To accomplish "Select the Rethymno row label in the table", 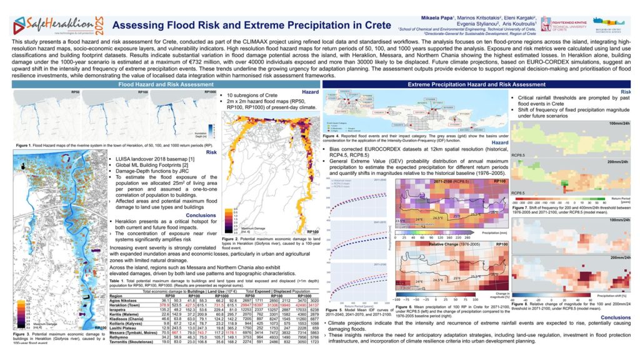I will click(119, 337).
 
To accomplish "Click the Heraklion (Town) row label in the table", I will click(125, 305).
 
